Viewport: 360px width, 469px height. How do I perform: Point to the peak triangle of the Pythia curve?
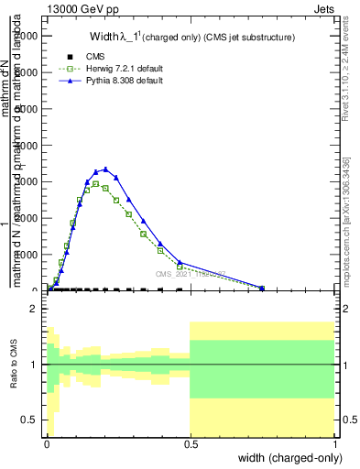click(x=106, y=169)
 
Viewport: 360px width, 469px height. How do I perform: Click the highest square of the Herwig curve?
click(x=96, y=184)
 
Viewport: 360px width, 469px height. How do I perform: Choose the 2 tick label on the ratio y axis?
click(x=33, y=310)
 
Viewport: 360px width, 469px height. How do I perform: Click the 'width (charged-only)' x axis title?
click(x=289, y=457)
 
